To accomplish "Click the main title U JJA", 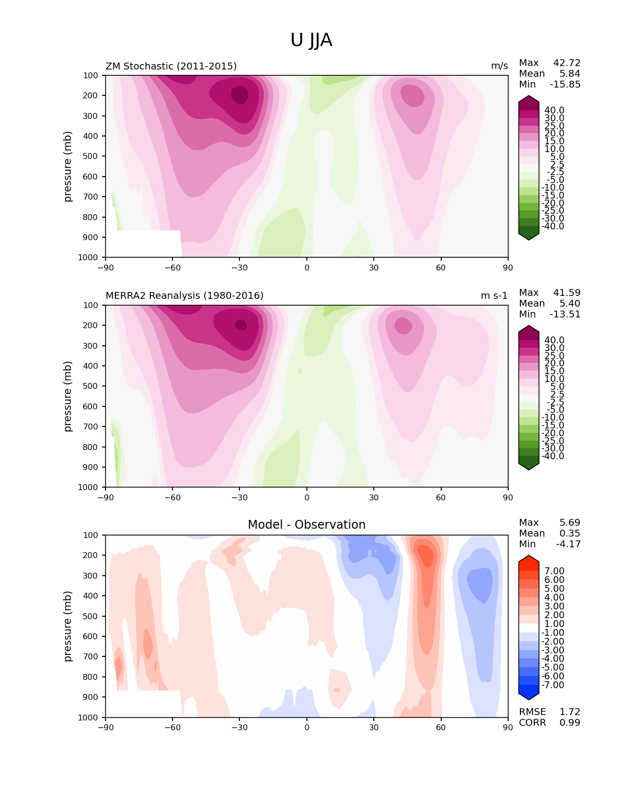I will [311, 40].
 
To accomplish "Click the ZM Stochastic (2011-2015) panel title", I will [171, 66].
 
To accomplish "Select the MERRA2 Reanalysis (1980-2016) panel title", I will [184, 295].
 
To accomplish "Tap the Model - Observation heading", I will [306, 525].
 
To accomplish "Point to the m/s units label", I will [499, 66].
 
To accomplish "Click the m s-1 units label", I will [494, 295].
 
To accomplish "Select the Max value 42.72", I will [566, 63].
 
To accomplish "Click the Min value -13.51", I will [565, 314].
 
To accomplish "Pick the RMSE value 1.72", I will [570, 712].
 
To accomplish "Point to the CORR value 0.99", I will [570, 722].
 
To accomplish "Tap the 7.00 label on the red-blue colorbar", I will [554, 571].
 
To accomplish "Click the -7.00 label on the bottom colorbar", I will [553, 685].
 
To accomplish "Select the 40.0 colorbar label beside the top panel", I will [554, 110].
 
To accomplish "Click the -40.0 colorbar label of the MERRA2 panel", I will [553, 456].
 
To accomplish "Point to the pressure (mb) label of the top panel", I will [68, 166].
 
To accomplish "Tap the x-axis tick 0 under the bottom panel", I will [306, 727].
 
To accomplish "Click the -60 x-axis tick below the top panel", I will [172, 268].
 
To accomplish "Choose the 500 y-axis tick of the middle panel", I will [91, 386].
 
